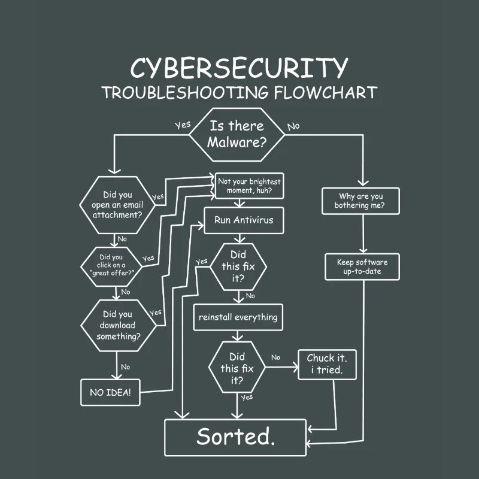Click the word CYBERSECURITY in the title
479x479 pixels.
coord(239,68)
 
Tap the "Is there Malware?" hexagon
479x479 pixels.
coord(237,135)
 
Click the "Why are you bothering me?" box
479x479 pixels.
coord(361,201)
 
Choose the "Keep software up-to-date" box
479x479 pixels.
coord(362,267)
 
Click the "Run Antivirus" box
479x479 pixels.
coord(243,220)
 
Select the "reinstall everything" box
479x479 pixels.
coord(238,317)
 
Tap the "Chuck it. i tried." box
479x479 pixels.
coord(327,364)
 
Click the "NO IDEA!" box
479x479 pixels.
coord(111,393)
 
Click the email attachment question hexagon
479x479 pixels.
coord(117,205)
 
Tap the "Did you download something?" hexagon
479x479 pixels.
coord(118,325)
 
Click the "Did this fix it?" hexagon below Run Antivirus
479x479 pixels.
coord(238,266)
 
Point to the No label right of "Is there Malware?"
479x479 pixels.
coord(293,126)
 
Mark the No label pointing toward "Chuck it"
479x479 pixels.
coord(275,357)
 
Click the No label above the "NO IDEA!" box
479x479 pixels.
coord(125,366)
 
